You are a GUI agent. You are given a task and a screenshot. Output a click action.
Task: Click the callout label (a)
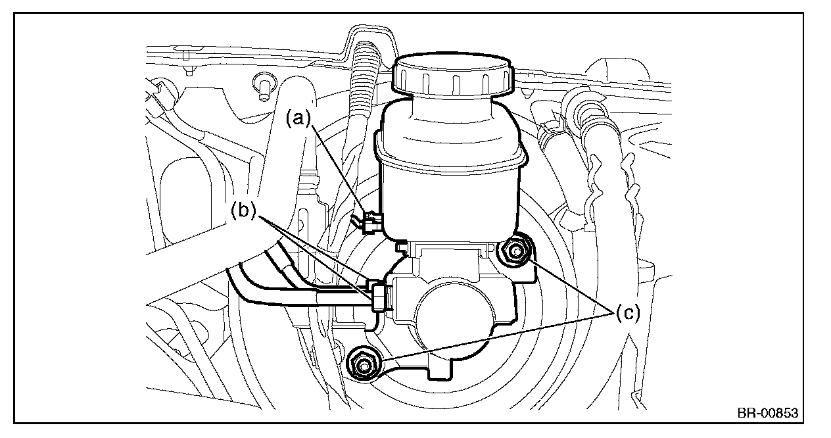point(298,118)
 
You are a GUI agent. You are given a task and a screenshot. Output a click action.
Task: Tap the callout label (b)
point(244,212)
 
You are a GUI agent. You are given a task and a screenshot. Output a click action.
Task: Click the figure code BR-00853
point(767,413)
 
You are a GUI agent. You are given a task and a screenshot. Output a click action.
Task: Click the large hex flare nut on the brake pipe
point(379,297)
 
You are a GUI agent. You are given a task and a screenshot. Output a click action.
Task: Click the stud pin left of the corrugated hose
point(263,87)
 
